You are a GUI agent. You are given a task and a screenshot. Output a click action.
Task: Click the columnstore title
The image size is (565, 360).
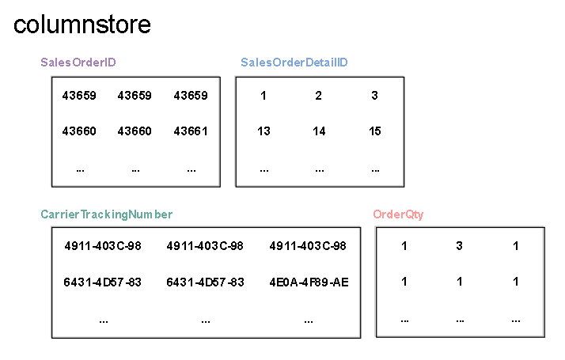click(x=82, y=25)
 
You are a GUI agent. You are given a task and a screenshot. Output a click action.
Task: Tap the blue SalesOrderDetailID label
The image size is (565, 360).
click(x=294, y=63)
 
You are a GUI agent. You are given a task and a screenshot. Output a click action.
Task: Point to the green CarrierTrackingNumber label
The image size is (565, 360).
click(x=106, y=214)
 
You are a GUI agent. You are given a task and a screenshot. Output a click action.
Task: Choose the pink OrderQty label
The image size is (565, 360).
click(x=398, y=214)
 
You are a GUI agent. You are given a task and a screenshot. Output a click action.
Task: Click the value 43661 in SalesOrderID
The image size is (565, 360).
click(x=191, y=131)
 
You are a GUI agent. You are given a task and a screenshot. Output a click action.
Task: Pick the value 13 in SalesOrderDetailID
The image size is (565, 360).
click(x=264, y=131)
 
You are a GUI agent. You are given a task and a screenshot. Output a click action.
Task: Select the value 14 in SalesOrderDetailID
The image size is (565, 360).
click(x=319, y=131)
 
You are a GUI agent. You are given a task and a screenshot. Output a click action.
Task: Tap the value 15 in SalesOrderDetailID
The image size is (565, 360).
click(x=375, y=131)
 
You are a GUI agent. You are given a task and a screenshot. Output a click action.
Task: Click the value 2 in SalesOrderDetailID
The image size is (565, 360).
click(x=319, y=96)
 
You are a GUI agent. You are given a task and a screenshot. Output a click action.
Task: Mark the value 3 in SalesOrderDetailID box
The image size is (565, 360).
click(x=375, y=96)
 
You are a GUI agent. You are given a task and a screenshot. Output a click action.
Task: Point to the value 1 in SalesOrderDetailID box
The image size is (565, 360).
click(x=264, y=96)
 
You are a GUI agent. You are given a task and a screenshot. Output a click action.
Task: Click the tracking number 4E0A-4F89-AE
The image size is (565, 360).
click(x=309, y=282)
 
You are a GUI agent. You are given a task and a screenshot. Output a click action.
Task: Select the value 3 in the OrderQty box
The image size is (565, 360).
click(x=460, y=246)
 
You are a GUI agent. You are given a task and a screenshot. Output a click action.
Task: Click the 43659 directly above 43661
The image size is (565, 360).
click(x=191, y=96)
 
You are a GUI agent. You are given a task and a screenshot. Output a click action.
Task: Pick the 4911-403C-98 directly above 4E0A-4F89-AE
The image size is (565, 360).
click(x=309, y=246)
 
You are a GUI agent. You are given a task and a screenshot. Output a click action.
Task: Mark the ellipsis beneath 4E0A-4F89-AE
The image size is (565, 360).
click(x=309, y=320)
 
